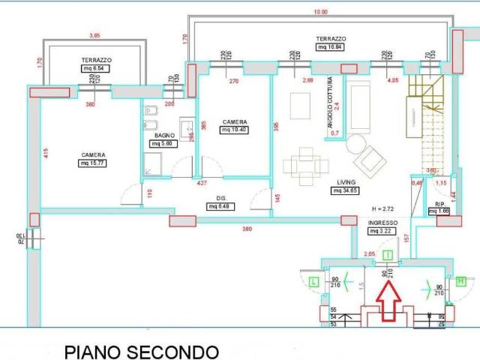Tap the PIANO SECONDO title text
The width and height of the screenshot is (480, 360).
pos(141,351)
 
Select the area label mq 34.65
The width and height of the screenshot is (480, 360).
pos(346,191)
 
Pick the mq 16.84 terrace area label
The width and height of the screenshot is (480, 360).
pos(330,46)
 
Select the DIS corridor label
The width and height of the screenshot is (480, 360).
pos(221,199)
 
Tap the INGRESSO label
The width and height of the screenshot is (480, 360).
pos(382,223)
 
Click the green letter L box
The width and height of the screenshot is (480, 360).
pos(313,281)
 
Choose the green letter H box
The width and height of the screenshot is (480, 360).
pos(460,281)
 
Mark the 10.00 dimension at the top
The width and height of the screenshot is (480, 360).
pos(320,12)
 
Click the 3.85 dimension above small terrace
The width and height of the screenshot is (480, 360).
pos(94,35)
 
